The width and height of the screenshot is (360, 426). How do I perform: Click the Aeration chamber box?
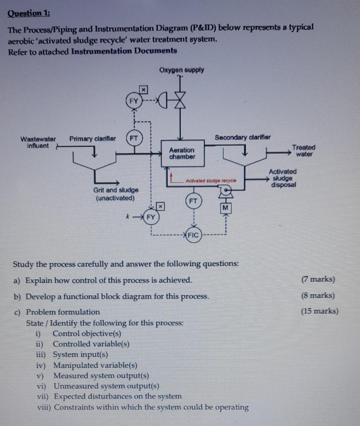(182, 153)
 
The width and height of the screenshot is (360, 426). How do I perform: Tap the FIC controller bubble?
(193, 235)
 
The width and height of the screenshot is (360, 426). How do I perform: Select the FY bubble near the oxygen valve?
(133, 101)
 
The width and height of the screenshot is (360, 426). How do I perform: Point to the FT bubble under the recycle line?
(193, 201)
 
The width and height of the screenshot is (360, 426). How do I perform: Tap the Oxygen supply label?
(182, 70)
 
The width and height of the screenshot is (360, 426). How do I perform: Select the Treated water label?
(304, 151)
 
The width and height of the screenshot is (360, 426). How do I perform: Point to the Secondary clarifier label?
(243, 137)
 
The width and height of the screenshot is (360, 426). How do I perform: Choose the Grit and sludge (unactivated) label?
(116, 194)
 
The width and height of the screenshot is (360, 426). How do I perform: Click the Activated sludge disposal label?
(283, 178)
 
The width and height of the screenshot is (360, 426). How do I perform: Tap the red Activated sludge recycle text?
(211, 180)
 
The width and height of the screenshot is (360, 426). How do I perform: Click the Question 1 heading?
(28, 14)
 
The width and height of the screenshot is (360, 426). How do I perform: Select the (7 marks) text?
(318, 279)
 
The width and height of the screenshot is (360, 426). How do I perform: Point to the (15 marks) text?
(320, 311)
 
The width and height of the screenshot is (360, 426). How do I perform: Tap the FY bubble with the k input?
(151, 217)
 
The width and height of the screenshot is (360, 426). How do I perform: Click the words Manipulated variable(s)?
(95, 365)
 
